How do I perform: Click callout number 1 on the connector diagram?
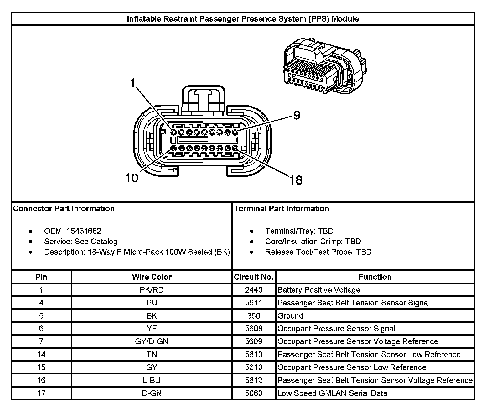click(x=133, y=84)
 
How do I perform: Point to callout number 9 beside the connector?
click(x=296, y=116)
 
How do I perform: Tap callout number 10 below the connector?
click(x=132, y=178)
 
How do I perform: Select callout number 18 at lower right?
click(x=296, y=180)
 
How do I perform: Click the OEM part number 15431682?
click(x=84, y=231)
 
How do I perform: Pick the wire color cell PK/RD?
click(x=152, y=290)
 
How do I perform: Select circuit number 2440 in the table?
click(x=254, y=290)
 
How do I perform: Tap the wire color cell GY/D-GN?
click(x=152, y=341)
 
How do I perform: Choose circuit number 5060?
click(x=254, y=393)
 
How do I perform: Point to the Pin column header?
click(x=41, y=277)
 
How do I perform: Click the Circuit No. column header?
click(x=254, y=277)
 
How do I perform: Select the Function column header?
click(x=375, y=277)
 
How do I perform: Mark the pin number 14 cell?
click(x=41, y=354)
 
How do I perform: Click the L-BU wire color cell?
click(x=152, y=380)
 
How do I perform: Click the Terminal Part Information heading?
click(x=282, y=209)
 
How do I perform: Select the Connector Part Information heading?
click(x=64, y=209)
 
